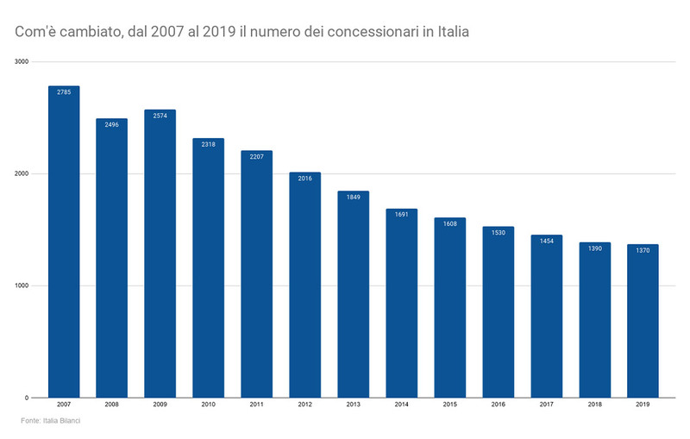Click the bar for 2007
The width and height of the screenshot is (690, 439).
[64, 241]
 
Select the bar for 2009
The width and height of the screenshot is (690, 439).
[160, 254]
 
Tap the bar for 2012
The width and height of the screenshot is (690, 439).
[304, 285]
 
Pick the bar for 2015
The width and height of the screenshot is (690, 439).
[449, 307]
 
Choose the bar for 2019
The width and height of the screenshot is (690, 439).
[643, 321]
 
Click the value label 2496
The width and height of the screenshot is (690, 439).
[112, 124]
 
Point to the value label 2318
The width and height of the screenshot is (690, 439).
[208, 144]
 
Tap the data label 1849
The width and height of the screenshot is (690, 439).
[353, 197]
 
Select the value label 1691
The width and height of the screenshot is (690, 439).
[401, 215]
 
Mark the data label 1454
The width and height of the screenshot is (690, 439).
[546, 241]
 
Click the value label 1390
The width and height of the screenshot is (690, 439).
[594, 248]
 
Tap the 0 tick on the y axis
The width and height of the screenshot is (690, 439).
[27, 398]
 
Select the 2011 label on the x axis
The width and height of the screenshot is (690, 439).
[256, 404]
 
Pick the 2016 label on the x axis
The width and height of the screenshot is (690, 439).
[498, 404]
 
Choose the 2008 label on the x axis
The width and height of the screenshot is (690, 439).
[112, 404]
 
